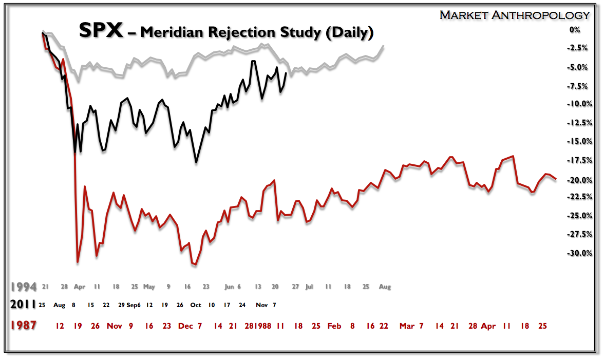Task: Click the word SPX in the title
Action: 101,31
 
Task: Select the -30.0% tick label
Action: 571,253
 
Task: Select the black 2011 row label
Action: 23,305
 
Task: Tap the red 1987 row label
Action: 23,326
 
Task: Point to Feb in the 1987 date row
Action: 334,326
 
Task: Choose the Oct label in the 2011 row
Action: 196,305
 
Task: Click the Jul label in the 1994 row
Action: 309,287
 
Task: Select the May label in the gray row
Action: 149,287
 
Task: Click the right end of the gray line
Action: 384,46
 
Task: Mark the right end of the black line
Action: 286,73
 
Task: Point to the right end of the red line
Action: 556,179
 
